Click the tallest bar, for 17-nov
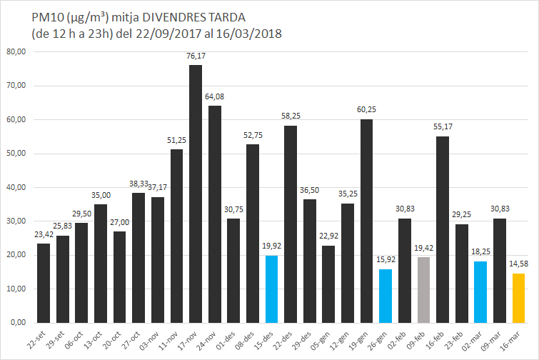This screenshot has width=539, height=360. pos(195,194)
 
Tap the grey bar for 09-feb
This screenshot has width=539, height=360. pos(423,289)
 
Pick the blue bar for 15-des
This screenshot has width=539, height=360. pos(271,289)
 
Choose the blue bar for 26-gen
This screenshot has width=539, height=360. pos(386,296)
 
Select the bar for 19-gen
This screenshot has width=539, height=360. pos(366,221)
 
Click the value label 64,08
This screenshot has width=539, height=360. pos(214,96)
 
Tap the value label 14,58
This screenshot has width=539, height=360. pos(518,264)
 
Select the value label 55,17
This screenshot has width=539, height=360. pos(443,126)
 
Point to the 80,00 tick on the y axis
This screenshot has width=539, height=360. pos(16,51)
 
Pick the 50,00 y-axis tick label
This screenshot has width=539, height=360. pos(16,154)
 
